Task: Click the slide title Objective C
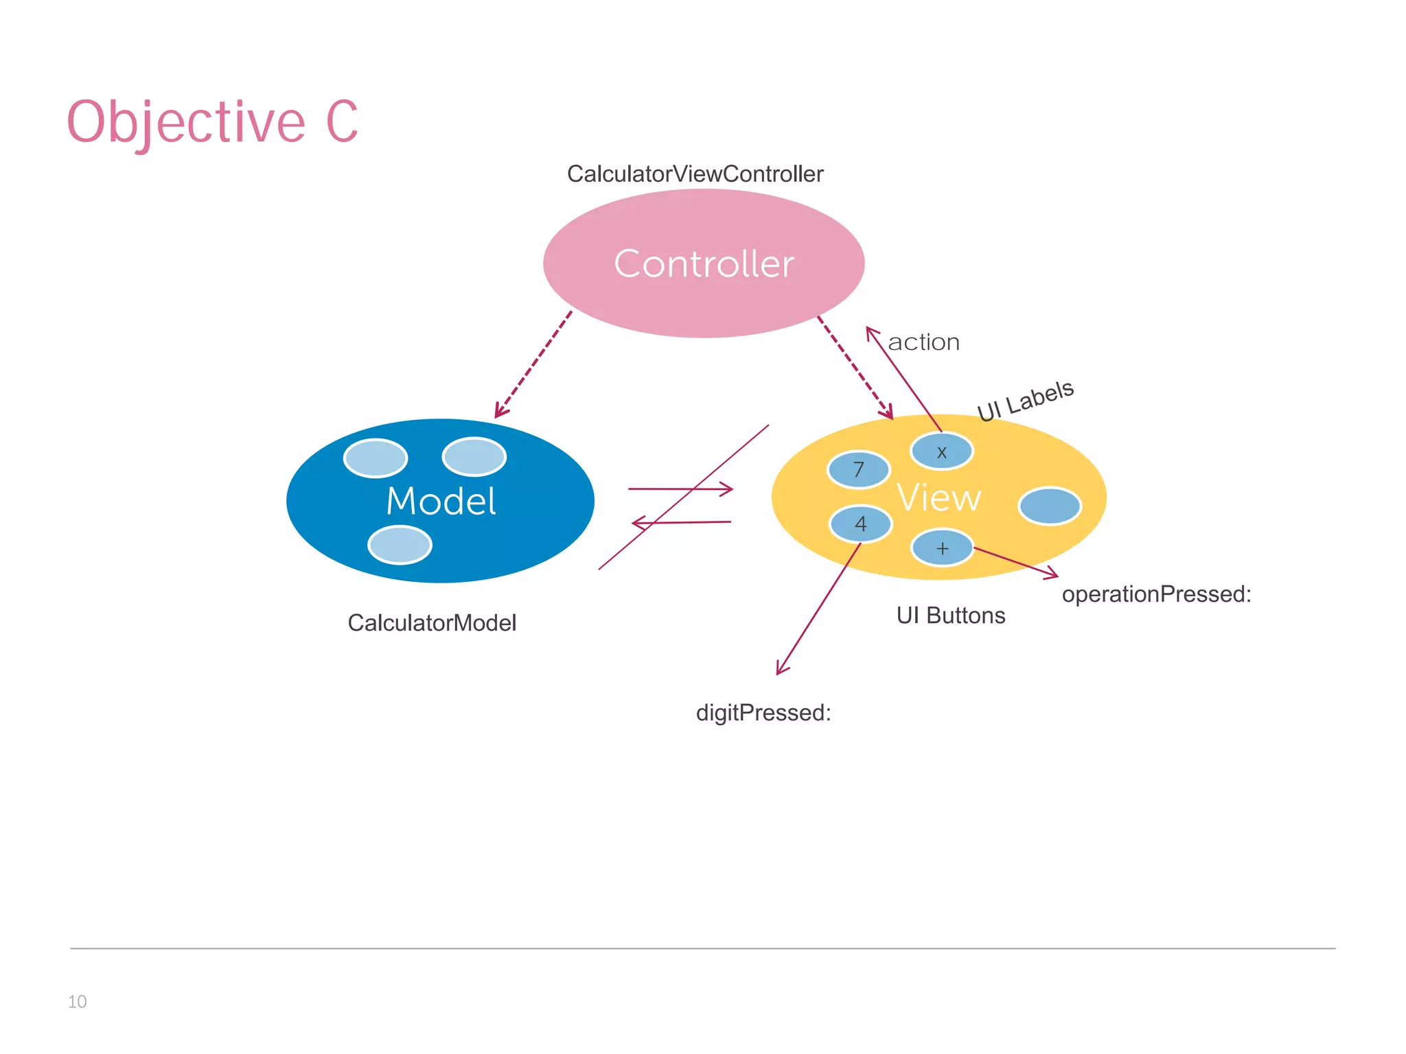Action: (212, 122)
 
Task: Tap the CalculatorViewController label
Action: (695, 174)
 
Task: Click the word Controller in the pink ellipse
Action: (704, 264)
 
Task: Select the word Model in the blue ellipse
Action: (441, 501)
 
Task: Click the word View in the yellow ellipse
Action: (938, 497)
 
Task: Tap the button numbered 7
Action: (858, 470)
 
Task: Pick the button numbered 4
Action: (860, 524)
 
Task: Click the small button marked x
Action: (941, 452)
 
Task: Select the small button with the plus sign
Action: (942, 548)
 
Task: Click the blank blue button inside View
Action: (1050, 506)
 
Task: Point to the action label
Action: (923, 342)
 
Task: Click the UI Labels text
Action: (1025, 401)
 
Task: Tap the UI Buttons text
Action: (950, 616)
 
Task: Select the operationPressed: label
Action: (1156, 594)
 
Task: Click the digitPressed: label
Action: (763, 713)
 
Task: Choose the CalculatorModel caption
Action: (432, 623)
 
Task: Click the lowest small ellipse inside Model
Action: (400, 545)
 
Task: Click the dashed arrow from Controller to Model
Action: (533, 364)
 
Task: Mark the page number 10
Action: (77, 1002)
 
